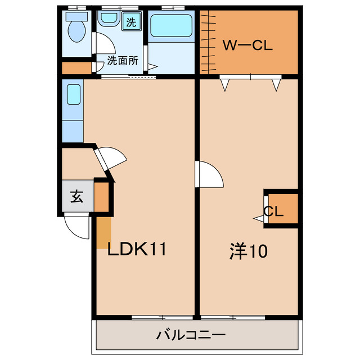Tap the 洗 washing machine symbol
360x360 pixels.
pos(131,23)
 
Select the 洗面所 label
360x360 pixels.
pos(123,60)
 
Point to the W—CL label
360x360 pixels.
pos(247,46)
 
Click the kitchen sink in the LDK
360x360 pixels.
pos(74,94)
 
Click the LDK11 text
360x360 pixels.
pos(137,249)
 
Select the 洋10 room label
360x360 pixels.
pos(247,251)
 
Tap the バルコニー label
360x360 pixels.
pos(191,335)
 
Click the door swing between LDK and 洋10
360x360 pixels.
pos(209,174)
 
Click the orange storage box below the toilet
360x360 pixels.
pos(76,68)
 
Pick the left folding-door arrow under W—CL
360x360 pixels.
pos(225,85)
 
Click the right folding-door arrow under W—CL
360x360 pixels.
pos(276,85)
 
